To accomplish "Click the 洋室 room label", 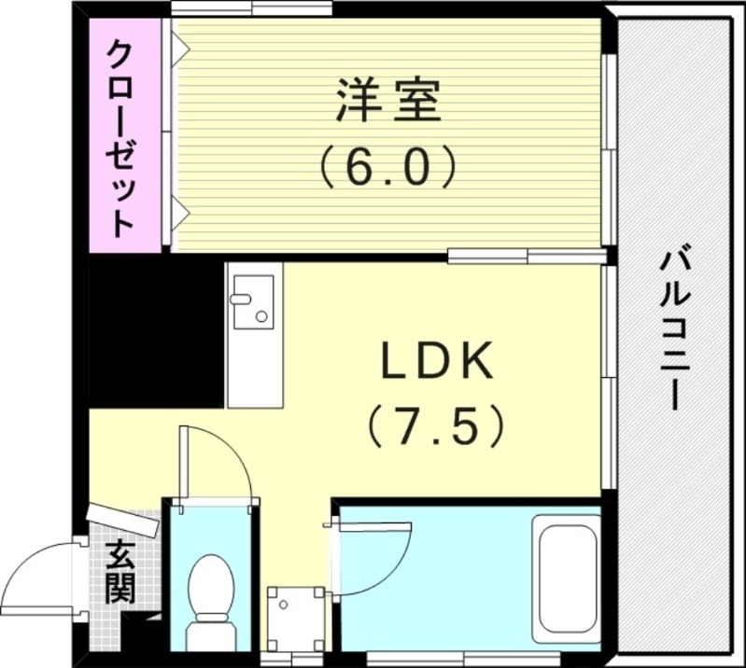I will point(387,103).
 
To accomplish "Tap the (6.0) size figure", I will point(387,168).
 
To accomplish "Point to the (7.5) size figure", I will point(435,426).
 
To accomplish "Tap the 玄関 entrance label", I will point(120,571).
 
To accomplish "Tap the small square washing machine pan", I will point(295,617).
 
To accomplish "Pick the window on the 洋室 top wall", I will point(252,10).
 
